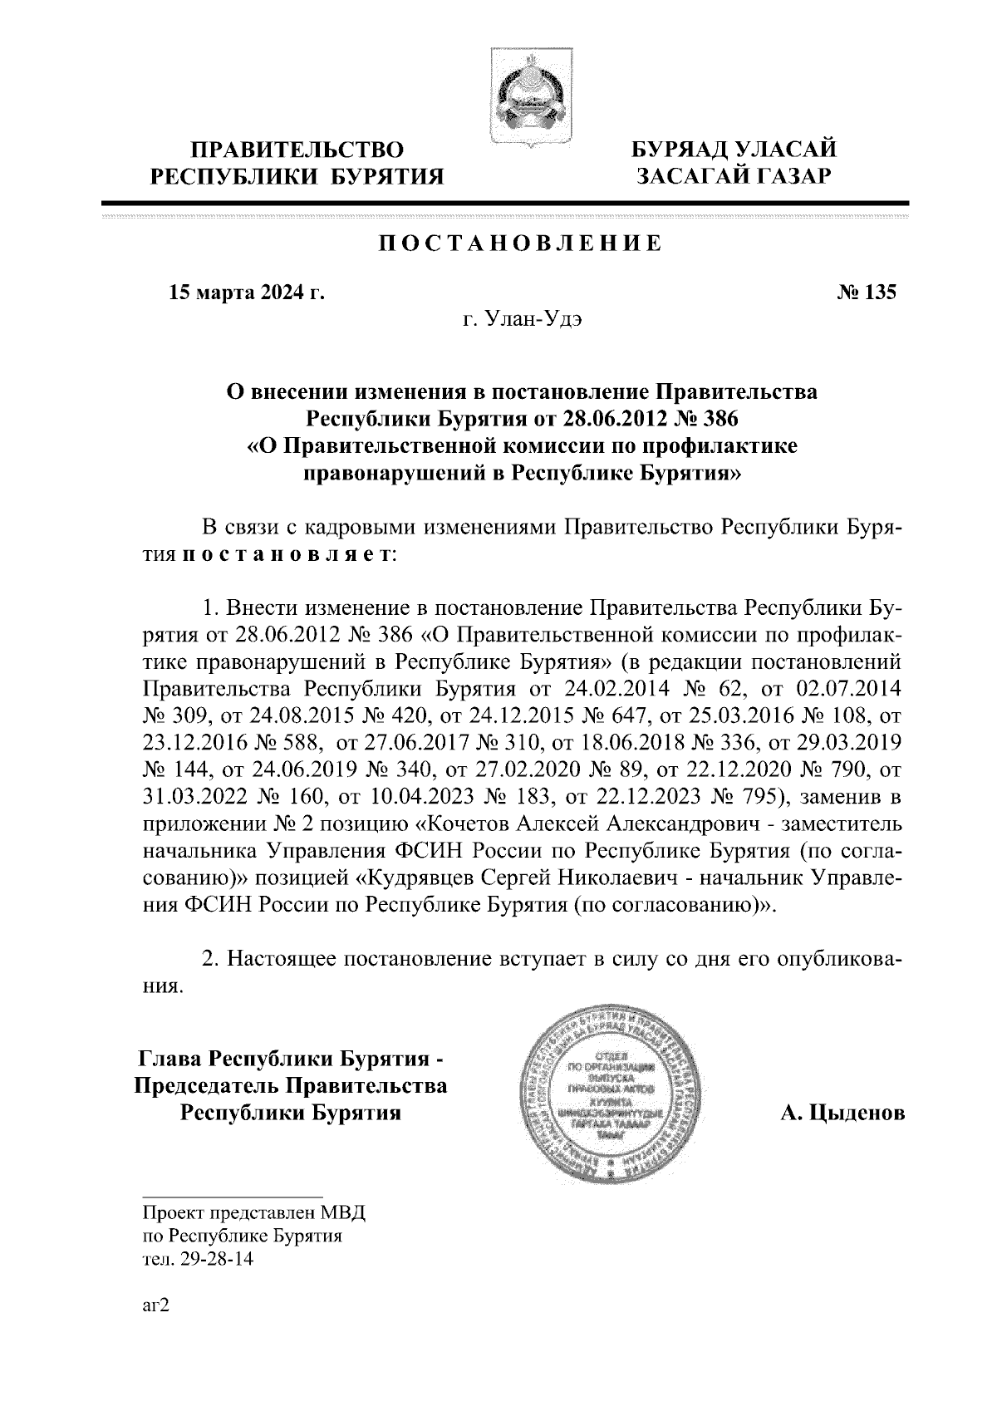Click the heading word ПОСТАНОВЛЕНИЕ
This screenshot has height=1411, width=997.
[x=521, y=243]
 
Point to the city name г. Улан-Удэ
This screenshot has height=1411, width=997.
[x=522, y=320]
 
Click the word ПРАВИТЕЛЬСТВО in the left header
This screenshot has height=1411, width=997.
[x=298, y=150]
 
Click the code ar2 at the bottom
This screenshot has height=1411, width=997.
[x=155, y=1305]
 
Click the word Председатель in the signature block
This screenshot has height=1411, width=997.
[x=205, y=1086]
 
